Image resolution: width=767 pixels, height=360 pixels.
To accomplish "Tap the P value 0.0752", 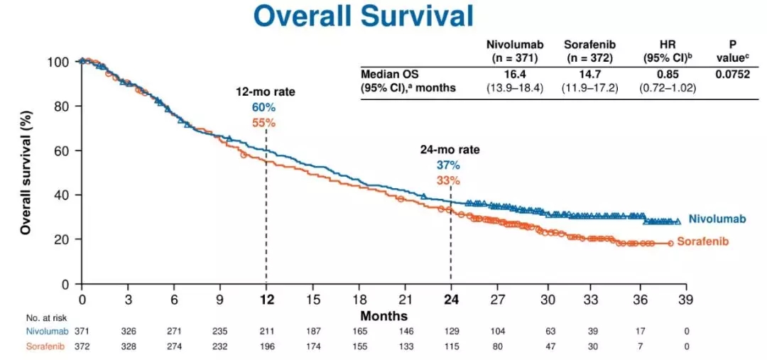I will pos(732,74).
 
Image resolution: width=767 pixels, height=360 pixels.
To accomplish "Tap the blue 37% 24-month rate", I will pos(448,165).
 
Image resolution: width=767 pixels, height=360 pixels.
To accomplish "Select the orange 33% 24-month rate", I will pos(448,180).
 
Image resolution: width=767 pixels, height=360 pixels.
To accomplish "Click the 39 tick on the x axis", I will pos(685,299).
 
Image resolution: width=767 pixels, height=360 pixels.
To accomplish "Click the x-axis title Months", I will pos(383,315).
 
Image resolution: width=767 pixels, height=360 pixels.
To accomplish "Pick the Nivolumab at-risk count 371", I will pos(82,331).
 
